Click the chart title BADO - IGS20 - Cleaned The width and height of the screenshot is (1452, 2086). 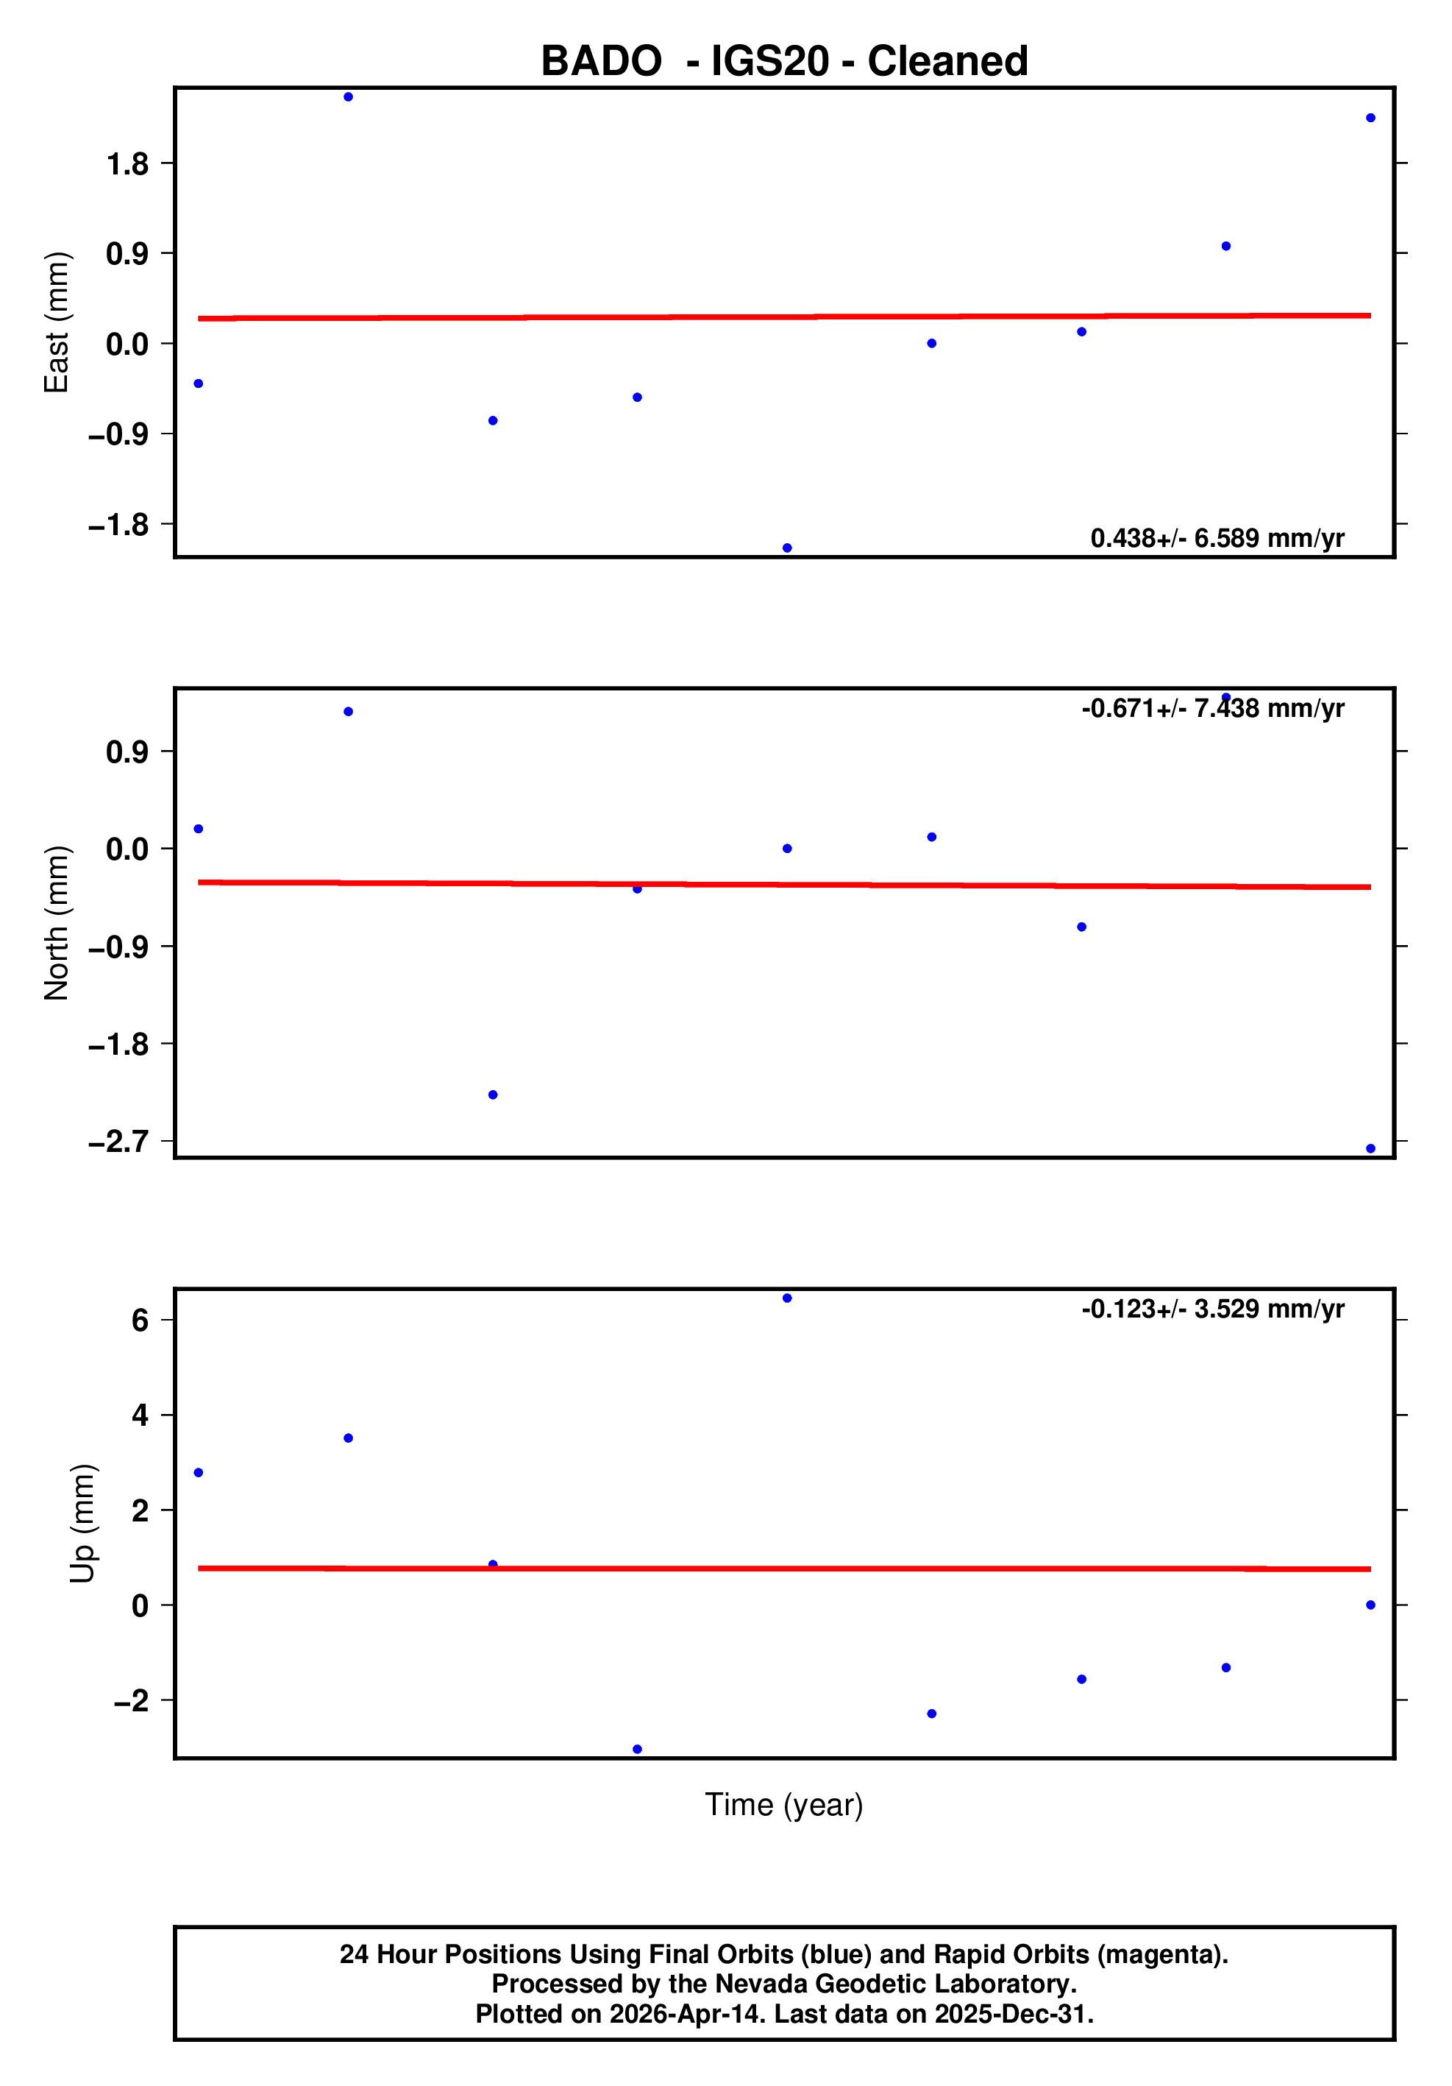783,62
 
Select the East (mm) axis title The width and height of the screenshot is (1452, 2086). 57,322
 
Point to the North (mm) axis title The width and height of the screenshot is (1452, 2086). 57,922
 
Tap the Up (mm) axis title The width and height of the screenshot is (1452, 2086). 82,1524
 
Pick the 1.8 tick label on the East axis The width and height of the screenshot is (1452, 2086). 127,164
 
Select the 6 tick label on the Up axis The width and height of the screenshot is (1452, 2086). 140,1320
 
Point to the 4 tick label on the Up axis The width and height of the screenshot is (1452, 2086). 140,1415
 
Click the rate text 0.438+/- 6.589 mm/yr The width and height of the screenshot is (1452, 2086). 1217,539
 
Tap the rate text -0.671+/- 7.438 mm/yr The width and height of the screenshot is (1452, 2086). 1212,709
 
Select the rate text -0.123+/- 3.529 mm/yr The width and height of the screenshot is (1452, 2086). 1212,1309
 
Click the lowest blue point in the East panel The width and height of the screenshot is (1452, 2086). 787,548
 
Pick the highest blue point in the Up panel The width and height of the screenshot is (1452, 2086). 787,1298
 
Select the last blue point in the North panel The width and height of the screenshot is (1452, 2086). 1370,1149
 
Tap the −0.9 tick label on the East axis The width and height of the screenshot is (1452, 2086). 118,435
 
